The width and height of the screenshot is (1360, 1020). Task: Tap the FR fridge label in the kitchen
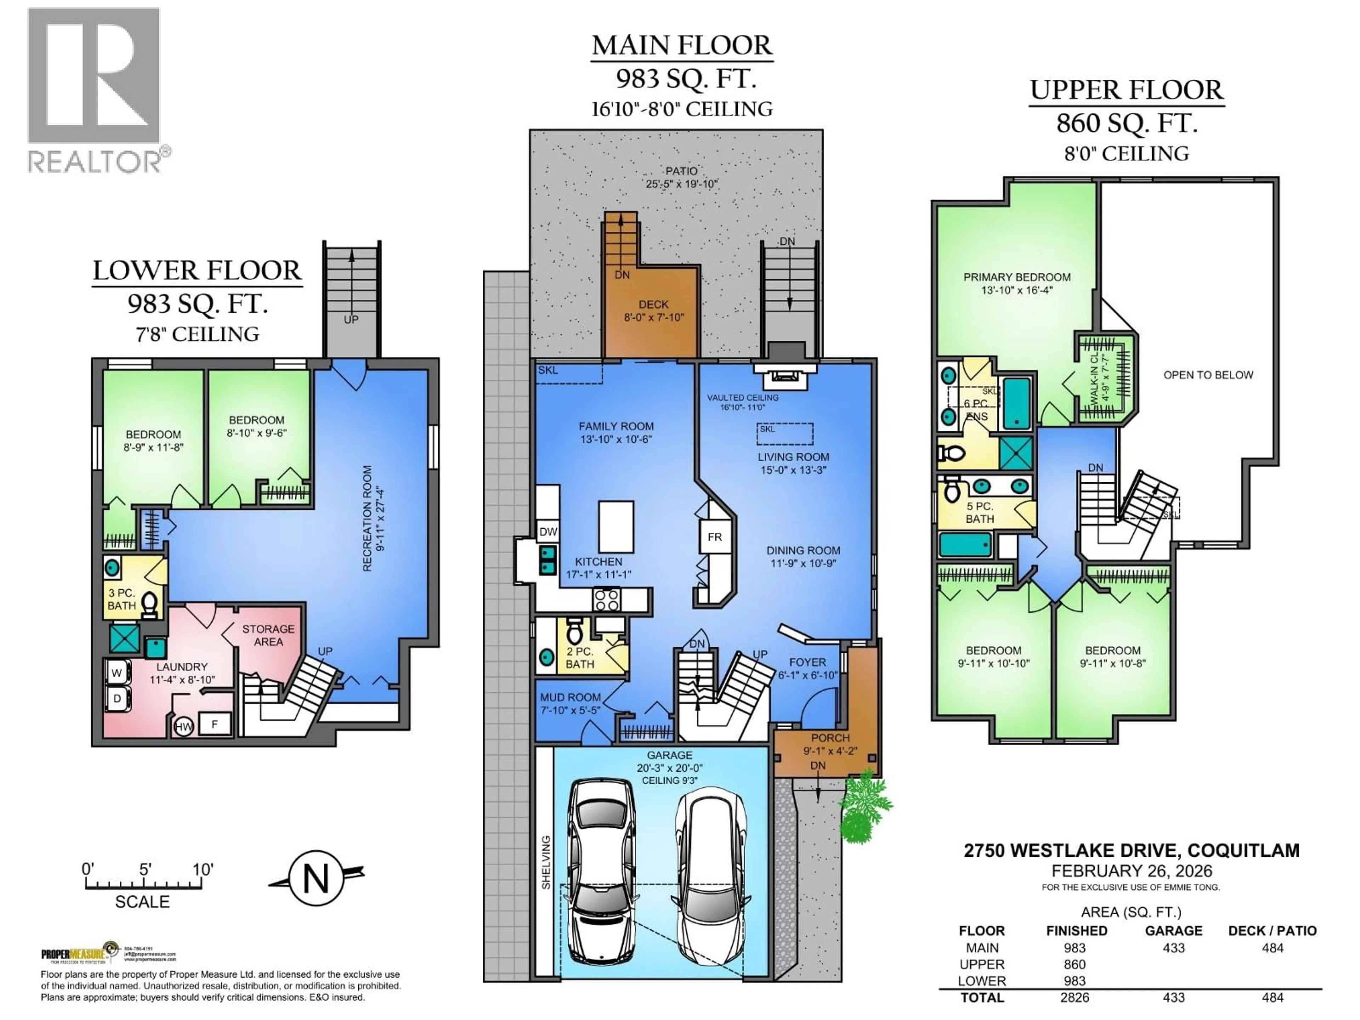point(714,537)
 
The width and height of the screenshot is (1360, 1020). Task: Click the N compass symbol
point(316,879)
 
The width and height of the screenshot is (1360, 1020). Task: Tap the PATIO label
point(681,171)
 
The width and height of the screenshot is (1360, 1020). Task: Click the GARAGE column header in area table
point(1173,931)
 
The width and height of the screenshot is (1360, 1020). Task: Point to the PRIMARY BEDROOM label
point(1017,277)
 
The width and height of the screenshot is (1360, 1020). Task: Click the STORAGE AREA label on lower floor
point(268,635)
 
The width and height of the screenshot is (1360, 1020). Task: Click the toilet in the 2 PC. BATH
point(574,630)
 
